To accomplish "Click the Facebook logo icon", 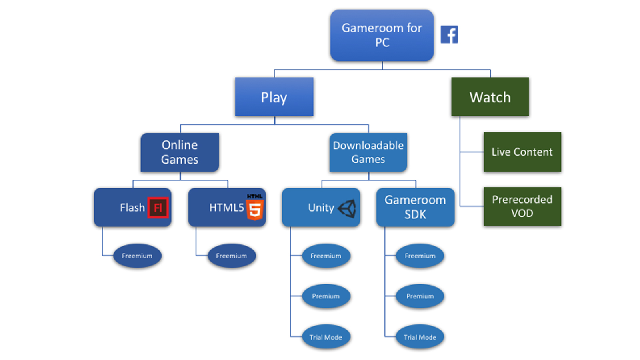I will [449, 35].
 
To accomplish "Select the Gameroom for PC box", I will [382, 35].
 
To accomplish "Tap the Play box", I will [274, 97].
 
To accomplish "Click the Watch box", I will [490, 97].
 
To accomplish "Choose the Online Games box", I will [180, 152].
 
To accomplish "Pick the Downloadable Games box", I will [368, 152].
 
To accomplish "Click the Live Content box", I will [522, 152].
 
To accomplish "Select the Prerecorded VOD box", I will [522, 206].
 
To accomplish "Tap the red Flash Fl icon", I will [158, 208].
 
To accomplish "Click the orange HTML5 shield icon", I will [255, 208].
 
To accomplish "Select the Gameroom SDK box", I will [415, 207].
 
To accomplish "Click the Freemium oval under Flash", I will [137, 256].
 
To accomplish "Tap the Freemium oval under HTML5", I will [232, 256].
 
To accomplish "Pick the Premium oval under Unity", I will [326, 296].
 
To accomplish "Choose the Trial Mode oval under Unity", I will [326, 337].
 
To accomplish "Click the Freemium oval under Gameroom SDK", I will [420, 256].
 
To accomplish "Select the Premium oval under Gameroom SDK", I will [420, 296].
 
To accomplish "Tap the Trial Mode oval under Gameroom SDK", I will [420, 337].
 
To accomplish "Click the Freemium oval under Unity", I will [326, 256].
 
